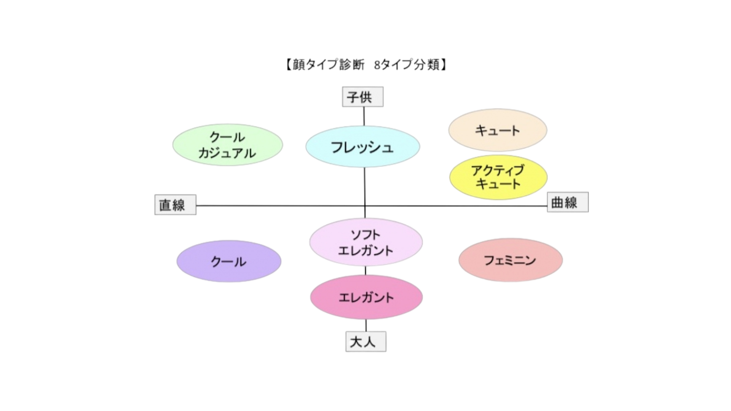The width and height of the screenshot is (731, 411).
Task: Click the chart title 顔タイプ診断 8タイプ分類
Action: [x=365, y=65]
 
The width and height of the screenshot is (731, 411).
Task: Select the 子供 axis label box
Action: [x=363, y=97]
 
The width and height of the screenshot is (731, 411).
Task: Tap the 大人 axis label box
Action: [x=366, y=341]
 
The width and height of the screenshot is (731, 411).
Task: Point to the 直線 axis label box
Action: [x=176, y=205]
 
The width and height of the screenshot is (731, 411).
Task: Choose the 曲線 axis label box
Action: [x=568, y=202]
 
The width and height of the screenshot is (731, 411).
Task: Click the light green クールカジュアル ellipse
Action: [x=228, y=145]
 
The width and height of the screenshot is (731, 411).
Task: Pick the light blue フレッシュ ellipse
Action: [x=363, y=147]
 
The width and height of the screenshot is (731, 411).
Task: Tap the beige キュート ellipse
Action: [x=498, y=130]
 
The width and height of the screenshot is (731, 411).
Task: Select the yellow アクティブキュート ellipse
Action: [x=498, y=177]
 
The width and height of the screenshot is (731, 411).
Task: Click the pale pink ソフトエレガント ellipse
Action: [x=366, y=242]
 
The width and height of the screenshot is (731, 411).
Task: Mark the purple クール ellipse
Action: [x=229, y=261]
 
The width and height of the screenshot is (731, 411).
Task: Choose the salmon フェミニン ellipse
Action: [x=511, y=260]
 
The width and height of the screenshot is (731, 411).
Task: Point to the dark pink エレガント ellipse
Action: [x=366, y=297]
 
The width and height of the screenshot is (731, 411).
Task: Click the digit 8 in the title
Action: [x=377, y=65]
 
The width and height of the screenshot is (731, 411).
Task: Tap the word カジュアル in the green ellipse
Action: [x=227, y=153]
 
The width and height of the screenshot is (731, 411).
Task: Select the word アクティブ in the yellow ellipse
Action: [x=498, y=170]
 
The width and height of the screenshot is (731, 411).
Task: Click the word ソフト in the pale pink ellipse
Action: [x=365, y=235]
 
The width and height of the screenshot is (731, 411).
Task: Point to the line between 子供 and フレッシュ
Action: [x=364, y=116]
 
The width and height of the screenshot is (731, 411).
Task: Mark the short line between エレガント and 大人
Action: [x=366, y=325]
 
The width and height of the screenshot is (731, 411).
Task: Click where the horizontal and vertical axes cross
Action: [x=365, y=206]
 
